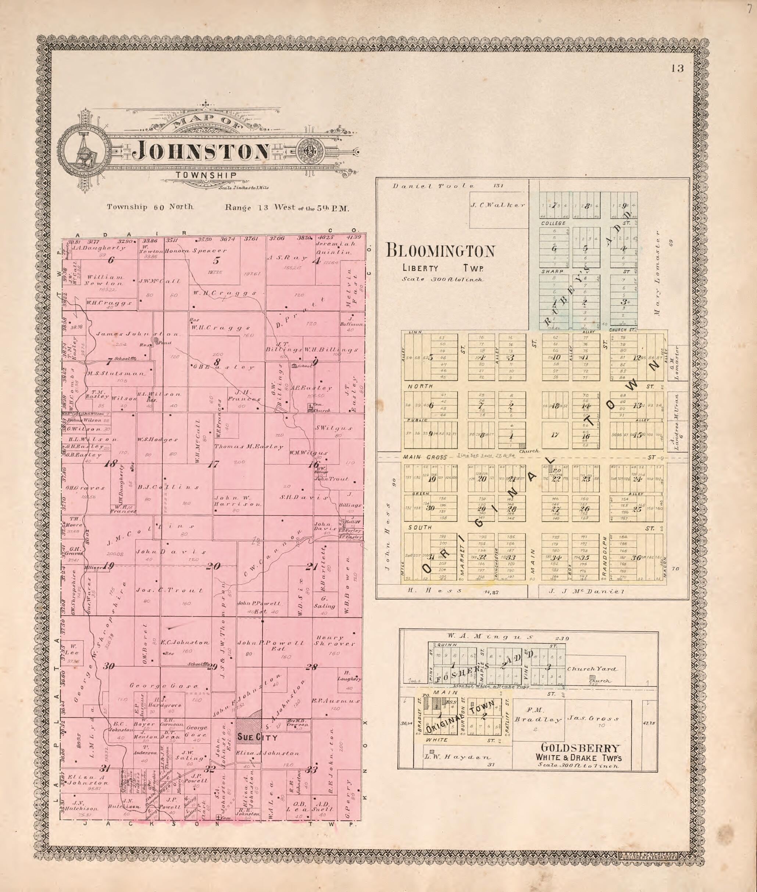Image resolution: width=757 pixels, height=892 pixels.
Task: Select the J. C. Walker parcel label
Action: [x=497, y=205]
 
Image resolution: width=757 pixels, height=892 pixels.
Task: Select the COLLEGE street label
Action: [x=553, y=223]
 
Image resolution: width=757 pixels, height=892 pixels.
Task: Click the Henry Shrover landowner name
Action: [x=334, y=641]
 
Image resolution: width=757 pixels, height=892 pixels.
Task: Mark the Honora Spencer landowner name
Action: [x=195, y=251]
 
